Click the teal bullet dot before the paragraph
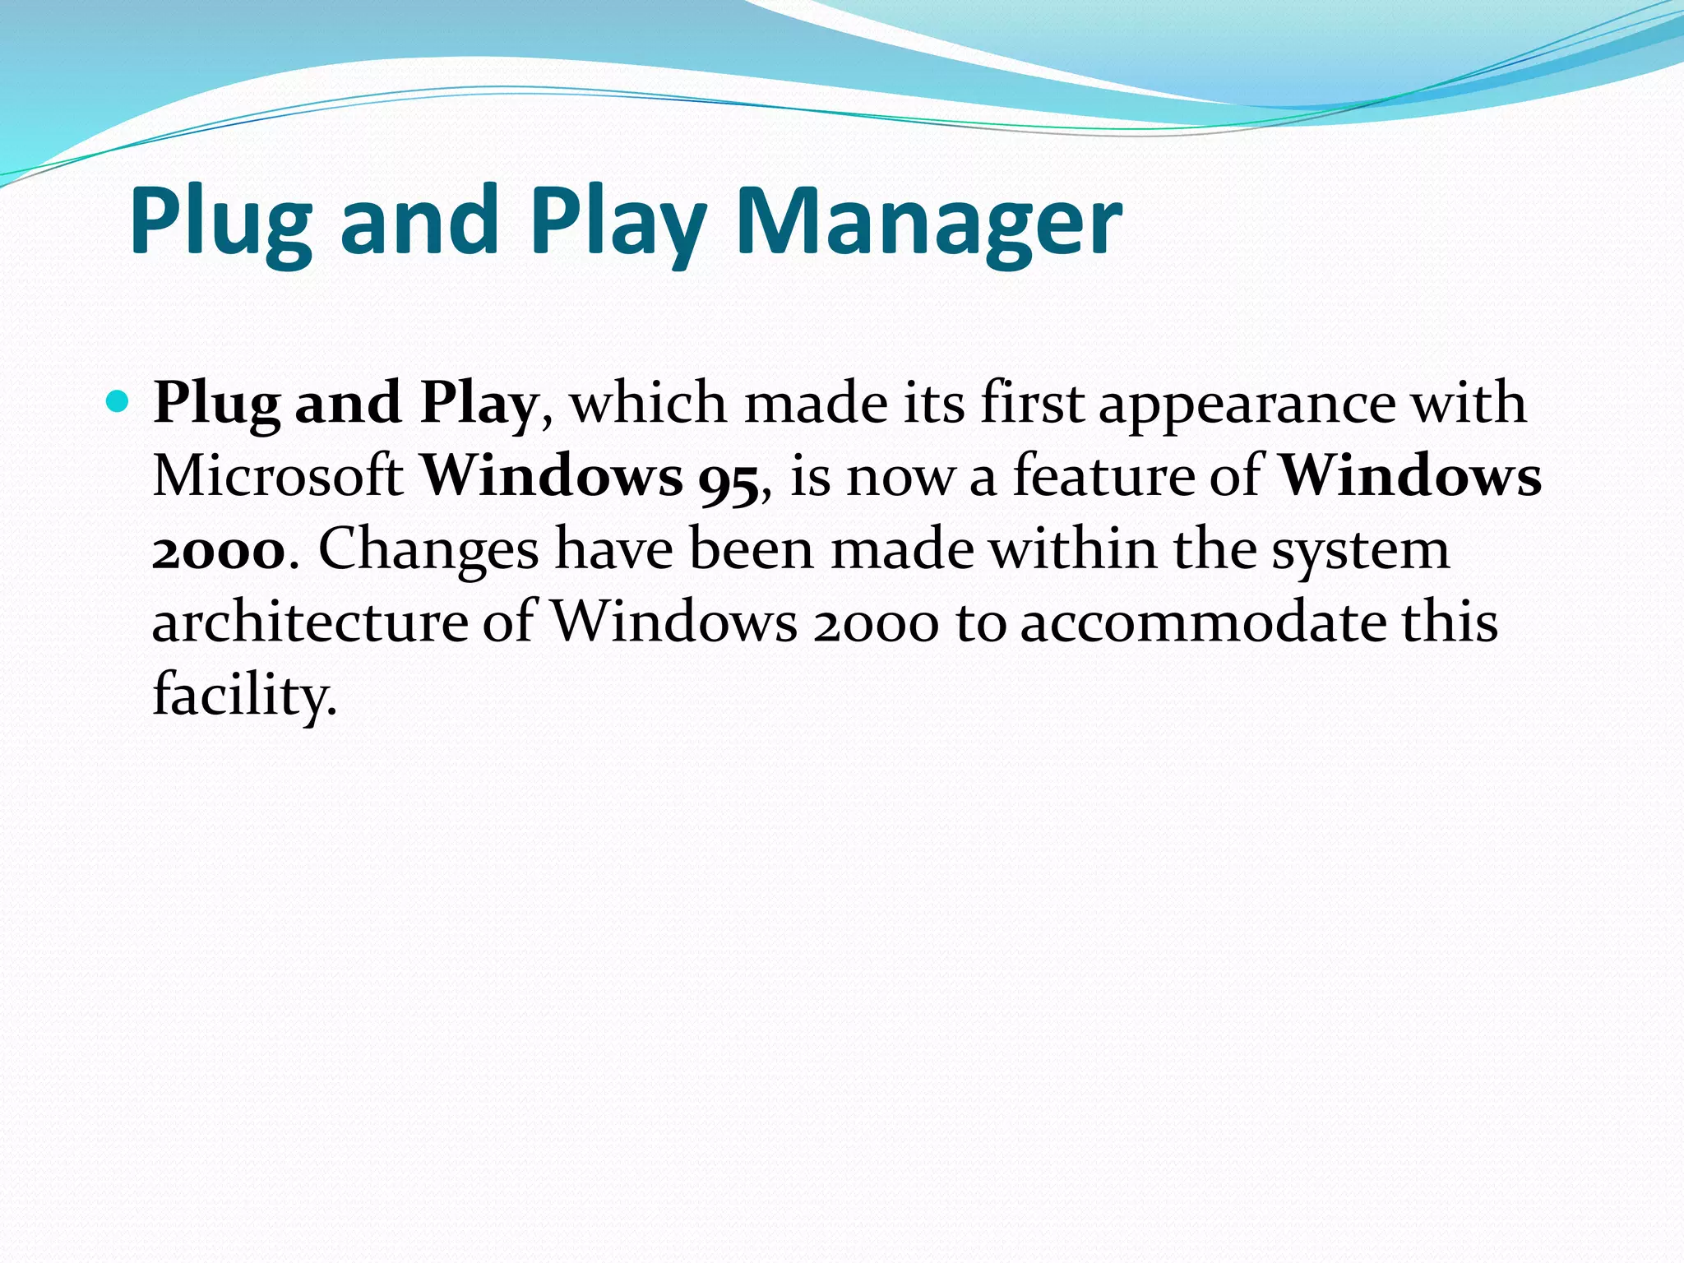118,402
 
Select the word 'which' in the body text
649,403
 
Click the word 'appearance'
1247,405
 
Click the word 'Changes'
428,549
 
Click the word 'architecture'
310,622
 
